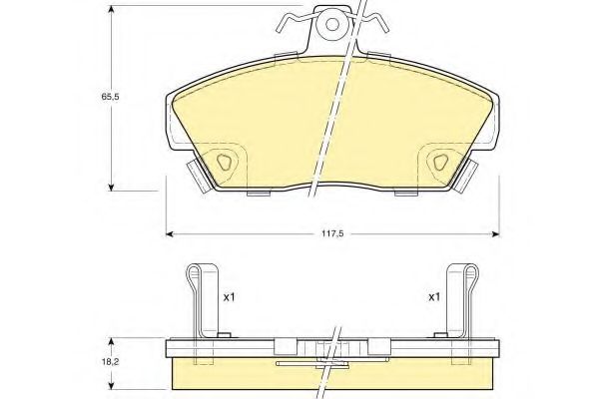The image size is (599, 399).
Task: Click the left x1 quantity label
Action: click(228, 297)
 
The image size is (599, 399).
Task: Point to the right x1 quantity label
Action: click(433, 297)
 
